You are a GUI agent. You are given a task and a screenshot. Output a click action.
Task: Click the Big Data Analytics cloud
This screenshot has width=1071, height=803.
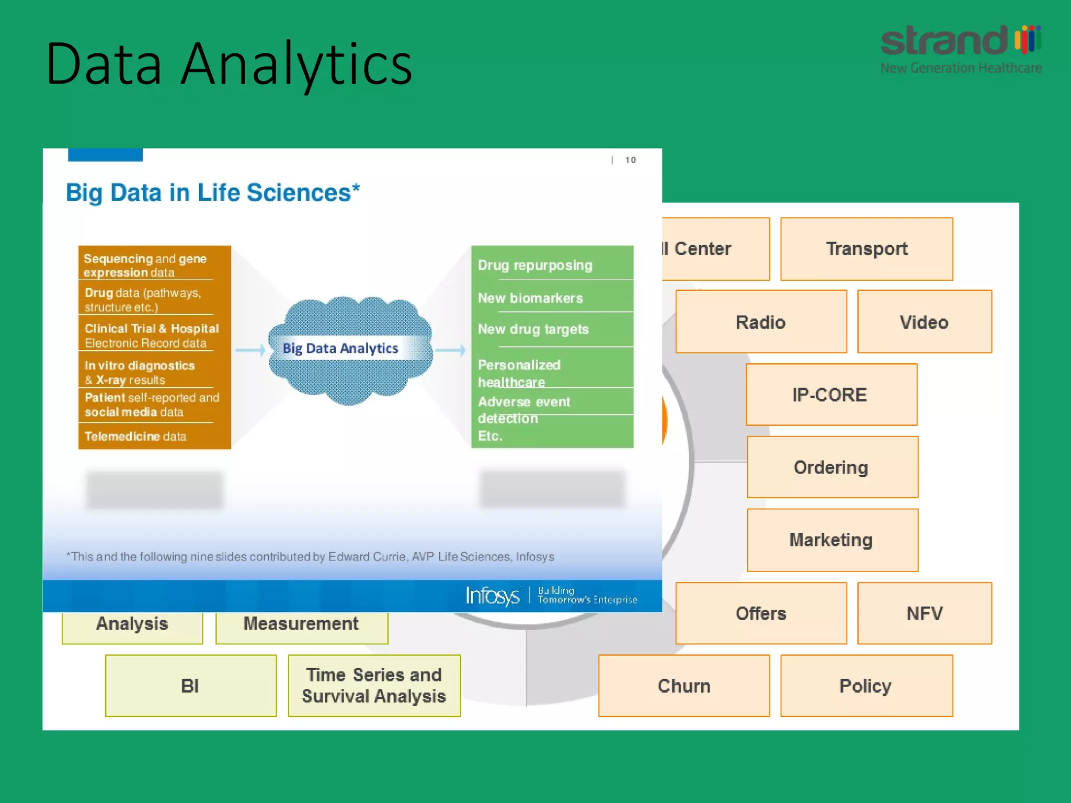349,349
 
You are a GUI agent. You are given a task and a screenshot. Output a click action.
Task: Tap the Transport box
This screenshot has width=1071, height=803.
867,249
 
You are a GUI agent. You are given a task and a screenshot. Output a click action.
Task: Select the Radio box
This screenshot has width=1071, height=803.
760,322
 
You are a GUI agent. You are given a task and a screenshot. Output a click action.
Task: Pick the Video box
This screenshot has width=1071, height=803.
924,322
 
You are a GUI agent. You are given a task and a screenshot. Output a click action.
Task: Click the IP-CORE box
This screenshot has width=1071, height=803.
830,395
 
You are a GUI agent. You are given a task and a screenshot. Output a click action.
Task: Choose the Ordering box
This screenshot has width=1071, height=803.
831,467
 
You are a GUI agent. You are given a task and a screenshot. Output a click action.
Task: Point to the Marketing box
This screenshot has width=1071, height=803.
831,540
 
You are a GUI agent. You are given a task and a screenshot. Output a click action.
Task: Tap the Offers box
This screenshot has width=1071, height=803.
760,613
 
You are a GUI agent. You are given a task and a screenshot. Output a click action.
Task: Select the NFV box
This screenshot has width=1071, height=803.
924,613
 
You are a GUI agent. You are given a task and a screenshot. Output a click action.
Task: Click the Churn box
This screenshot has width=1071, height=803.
683,686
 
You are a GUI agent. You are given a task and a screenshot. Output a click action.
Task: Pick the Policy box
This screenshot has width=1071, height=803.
866,686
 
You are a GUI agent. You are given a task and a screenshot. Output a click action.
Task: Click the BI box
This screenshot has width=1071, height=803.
190,686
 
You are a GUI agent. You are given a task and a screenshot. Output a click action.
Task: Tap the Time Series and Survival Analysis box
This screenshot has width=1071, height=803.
374,686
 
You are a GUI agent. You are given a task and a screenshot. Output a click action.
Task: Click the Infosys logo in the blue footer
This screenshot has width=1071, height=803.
492,596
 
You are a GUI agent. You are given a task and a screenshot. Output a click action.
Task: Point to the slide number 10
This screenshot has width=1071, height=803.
631,160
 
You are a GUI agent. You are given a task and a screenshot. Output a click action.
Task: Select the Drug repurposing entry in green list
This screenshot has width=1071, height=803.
535,265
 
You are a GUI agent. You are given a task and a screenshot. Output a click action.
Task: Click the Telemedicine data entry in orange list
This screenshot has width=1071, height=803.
135,436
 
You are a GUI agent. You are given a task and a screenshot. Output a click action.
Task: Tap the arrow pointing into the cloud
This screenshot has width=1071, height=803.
250,350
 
